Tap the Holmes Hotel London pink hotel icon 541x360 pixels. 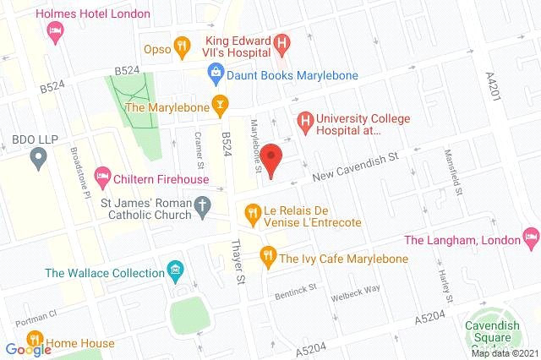click(55, 30)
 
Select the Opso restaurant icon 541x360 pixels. click(179, 47)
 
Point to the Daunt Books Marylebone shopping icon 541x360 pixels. click(217, 74)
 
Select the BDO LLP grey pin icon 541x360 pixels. click(37, 156)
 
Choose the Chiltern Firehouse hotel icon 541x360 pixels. click(102, 177)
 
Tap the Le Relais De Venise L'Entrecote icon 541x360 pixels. click(251, 211)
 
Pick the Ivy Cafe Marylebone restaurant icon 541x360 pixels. click(267, 253)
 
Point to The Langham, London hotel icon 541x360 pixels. click(530, 234)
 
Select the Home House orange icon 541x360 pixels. click(39, 344)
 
